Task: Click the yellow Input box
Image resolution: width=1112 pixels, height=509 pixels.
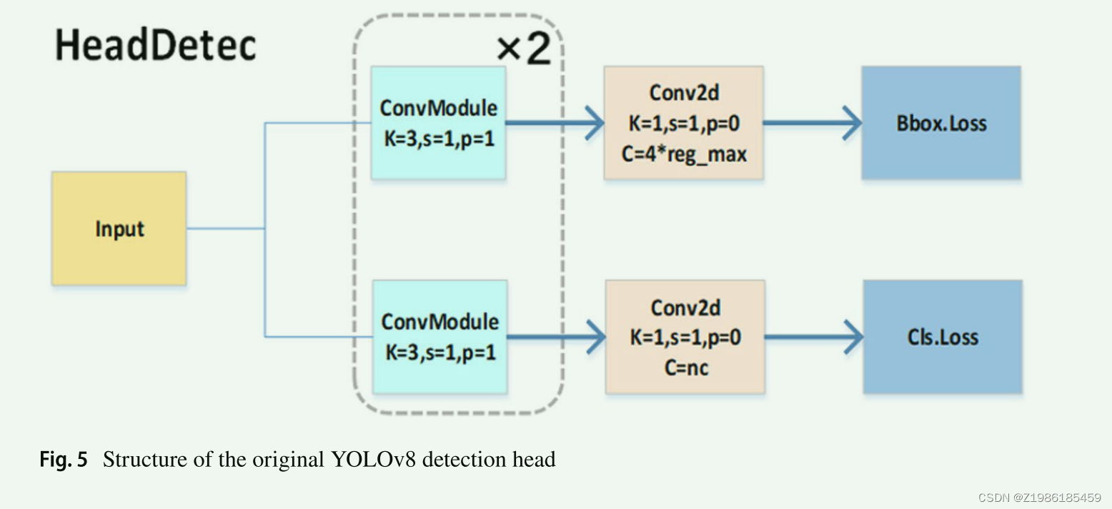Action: (119, 229)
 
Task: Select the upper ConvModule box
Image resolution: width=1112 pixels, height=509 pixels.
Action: (438, 123)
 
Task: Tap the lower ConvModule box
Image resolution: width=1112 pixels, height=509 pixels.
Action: (440, 337)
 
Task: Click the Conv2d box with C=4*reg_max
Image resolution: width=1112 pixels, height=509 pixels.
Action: (684, 123)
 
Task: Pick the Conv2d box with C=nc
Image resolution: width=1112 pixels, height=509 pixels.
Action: (685, 337)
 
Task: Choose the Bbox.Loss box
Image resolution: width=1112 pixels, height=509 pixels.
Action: (940, 123)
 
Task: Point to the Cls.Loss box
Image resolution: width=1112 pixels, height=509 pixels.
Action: (942, 337)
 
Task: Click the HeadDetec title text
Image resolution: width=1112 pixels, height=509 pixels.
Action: (156, 46)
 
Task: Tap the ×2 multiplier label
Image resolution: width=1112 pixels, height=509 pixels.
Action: (524, 49)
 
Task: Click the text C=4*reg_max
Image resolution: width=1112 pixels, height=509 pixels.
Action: (684, 154)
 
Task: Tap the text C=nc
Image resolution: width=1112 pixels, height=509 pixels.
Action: (685, 367)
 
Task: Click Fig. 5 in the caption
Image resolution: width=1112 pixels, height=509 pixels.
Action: (63, 460)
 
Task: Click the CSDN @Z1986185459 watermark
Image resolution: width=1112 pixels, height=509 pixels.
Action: (1039, 498)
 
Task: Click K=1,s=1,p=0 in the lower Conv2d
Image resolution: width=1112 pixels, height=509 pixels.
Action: (685, 337)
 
